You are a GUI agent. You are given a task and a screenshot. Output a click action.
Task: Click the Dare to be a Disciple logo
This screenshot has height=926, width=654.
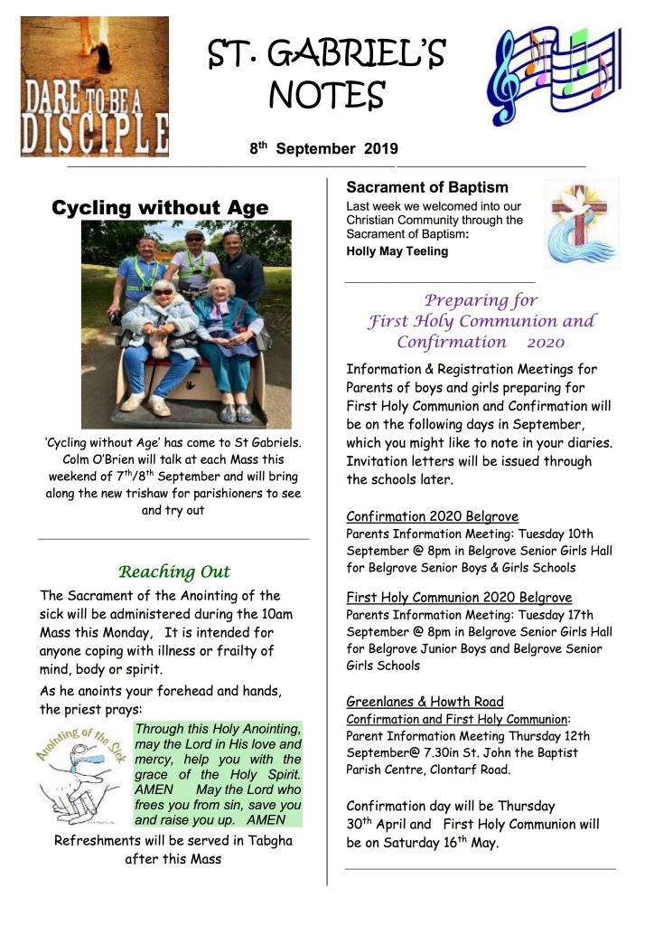(x=94, y=86)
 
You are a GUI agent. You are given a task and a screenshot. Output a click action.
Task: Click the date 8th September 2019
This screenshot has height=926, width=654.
(x=323, y=148)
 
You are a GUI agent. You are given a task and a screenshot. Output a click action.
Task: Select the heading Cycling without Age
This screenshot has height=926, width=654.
(x=160, y=208)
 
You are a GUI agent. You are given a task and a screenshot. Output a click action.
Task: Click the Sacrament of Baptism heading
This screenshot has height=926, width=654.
(x=427, y=188)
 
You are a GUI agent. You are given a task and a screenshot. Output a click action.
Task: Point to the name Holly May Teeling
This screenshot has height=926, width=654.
(x=397, y=251)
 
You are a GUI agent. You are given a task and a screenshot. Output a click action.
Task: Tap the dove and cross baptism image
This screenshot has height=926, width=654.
(x=580, y=222)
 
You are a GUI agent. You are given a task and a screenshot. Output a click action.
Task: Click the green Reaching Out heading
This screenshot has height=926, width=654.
(x=174, y=572)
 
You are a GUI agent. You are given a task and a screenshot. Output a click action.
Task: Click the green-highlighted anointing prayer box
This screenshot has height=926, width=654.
(x=217, y=774)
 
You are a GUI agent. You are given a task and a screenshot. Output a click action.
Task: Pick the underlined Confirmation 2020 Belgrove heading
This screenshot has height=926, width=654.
(x=432, y=517)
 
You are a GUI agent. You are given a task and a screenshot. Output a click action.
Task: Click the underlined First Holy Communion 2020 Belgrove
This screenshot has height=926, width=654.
(x=459, y=598)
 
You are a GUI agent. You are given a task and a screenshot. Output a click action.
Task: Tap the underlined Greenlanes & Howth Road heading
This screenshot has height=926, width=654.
(x=425, y=702)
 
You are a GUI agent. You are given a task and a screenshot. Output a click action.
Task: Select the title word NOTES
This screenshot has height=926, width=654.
(x=327, y=93)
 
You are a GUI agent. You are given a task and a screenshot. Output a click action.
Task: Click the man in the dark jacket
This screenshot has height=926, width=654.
(x=241, y=267)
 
